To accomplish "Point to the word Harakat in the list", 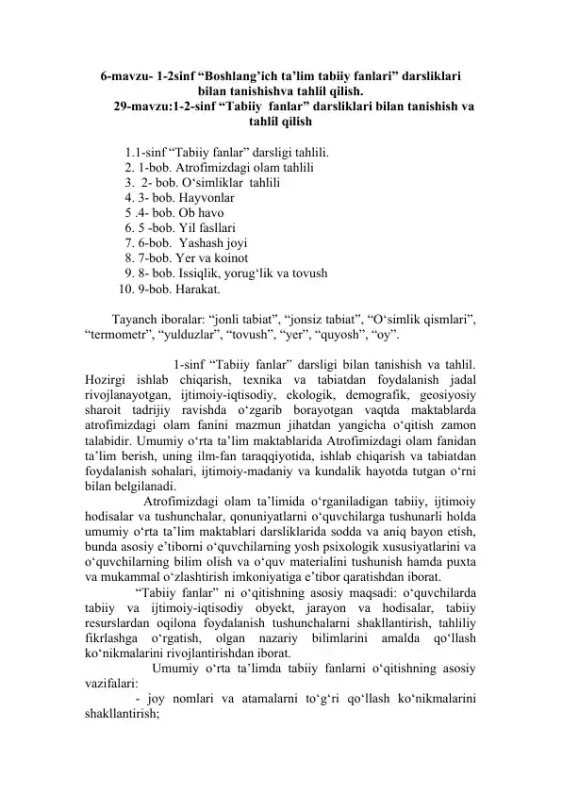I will point(197,289).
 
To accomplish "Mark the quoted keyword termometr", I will point(115,334).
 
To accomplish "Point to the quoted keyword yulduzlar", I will point(193,334).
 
